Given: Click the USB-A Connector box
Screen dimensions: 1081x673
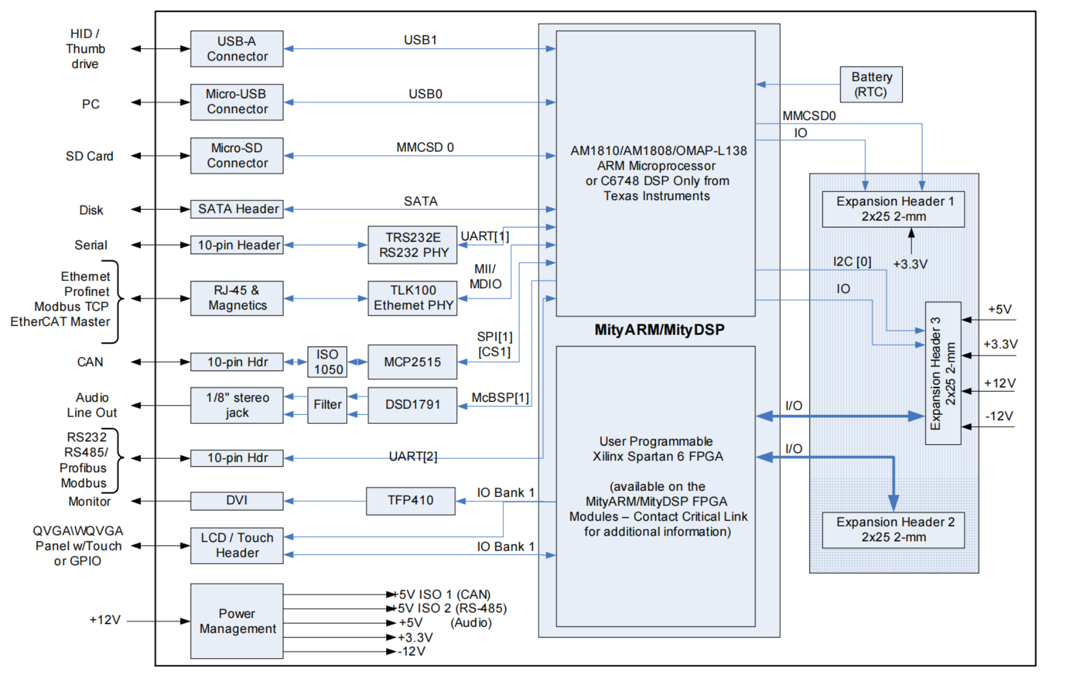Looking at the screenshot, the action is pyautogui.click(x=236, y=49).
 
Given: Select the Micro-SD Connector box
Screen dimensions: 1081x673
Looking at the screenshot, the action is pyautogui.click(x=236, y=156).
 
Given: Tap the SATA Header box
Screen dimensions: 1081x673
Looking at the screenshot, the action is pyautogui.click(x=236, y=209).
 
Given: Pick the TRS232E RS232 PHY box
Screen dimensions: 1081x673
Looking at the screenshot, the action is pyautogui.click(x=412, y=245).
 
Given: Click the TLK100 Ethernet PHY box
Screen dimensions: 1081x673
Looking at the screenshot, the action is pyautogui.click(x=412, y=298).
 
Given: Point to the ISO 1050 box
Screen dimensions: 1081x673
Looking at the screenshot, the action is pyautogui.click(x=327, y=362).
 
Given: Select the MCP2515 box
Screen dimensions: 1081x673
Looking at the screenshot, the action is pyautogui.click(x=412, y=362).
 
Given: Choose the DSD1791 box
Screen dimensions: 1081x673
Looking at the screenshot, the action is pyautogui.click(x=412, y=405).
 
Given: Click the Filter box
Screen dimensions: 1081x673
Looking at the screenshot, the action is pyautogui.click(x=327, y=405).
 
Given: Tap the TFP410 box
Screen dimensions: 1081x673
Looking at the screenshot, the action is pyautogui.click(x=411, y=501).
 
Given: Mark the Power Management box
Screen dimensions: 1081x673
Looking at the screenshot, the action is pyautogui.click(x=236, y=621).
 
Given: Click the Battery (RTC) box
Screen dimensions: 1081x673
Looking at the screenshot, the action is pyautogui.click(x=871, y=84).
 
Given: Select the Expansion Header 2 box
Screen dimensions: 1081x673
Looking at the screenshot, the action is pyautogui.click(x=894, y=530).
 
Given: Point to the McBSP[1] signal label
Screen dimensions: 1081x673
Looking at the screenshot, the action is pyautogui.click(x=500, y=397).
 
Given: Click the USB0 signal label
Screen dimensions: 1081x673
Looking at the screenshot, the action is pyautogui.click(x=425, y=94).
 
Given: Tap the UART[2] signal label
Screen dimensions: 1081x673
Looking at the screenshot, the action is pyautogui.click(x=413, y=456).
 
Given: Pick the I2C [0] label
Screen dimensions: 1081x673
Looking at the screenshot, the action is pyautogui.click(x=852, y=262).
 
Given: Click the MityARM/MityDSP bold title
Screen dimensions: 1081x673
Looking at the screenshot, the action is pyautogui.click(x=660, y=330).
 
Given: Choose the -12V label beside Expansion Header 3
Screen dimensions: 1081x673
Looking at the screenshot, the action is pyautogui.click(x=1000, y=416).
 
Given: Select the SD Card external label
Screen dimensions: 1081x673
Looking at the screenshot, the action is pyautogui.click(x=89, y=156).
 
